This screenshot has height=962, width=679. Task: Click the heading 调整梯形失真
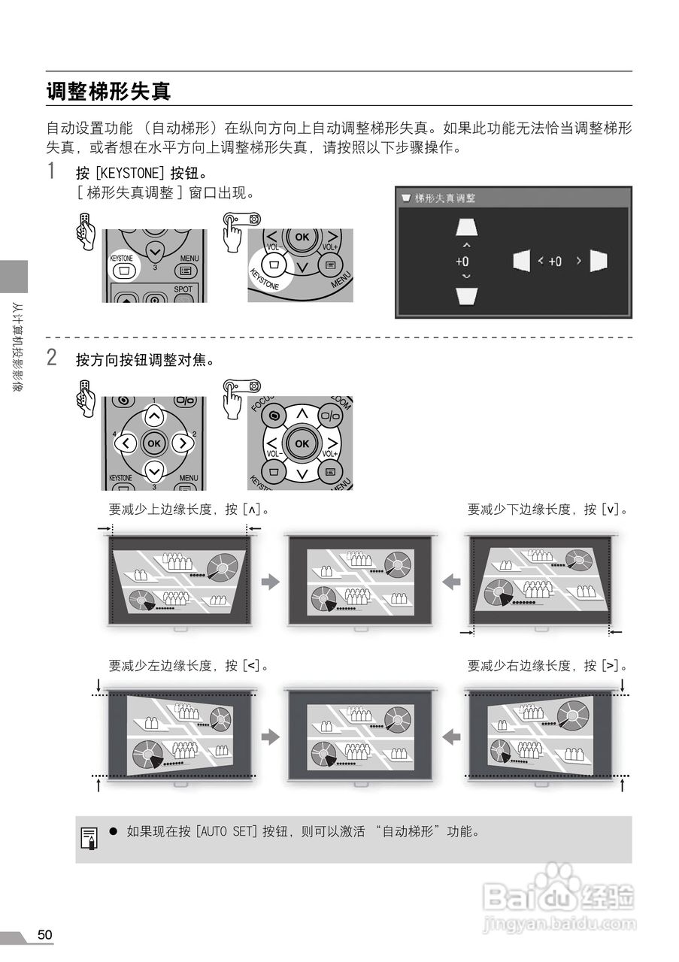click(x=109, y=92)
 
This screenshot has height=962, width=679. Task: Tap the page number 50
click(x=45, y=934)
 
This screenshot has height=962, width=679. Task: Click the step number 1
click(x=51, y=171)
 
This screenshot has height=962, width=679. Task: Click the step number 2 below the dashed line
click(x=51, y=358)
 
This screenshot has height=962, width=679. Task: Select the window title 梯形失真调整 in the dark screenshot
click(x=445, y=198)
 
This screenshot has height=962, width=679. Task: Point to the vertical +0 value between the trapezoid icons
click(x=462, y=262)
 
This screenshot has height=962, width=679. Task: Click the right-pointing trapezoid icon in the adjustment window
click(x=599, y=261)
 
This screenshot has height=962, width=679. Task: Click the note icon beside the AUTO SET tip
click(x=89, y=839)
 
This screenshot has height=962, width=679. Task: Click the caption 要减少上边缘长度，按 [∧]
click(x=189, y=510)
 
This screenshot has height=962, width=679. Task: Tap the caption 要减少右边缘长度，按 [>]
click(x=547, y=665)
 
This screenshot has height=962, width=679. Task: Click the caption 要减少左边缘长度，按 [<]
click(x=189, y=665)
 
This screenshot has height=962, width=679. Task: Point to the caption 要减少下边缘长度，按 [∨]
click(x=547, y=510)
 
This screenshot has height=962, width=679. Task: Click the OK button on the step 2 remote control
click(x=154, y=443)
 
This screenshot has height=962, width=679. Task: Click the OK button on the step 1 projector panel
click(x=302, y=237)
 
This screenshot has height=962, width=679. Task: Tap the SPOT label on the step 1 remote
click(x=183, y=289)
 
